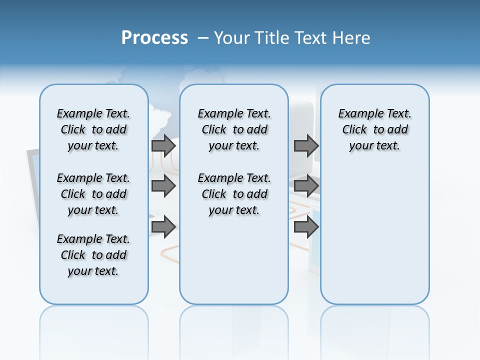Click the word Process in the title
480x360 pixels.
coord(154,38)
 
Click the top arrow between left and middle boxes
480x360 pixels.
coord(163,145)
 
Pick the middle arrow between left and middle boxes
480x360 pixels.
coord(163,186)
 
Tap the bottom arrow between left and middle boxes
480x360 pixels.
coord(163,227)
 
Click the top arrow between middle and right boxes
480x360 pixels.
coord(306,145)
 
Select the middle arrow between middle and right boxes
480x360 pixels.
coord(306,186)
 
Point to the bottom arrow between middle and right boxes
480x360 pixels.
coord(306,227)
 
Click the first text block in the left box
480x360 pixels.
coord(93,129)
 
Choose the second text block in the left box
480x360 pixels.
coord(93,194)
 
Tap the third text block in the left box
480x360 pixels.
coord(93,255)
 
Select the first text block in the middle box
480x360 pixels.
coord(234,129)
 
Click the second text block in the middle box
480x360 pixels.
coord(234,194)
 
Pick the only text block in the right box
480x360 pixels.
coord(374,129)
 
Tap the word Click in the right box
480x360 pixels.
coord(354,130)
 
